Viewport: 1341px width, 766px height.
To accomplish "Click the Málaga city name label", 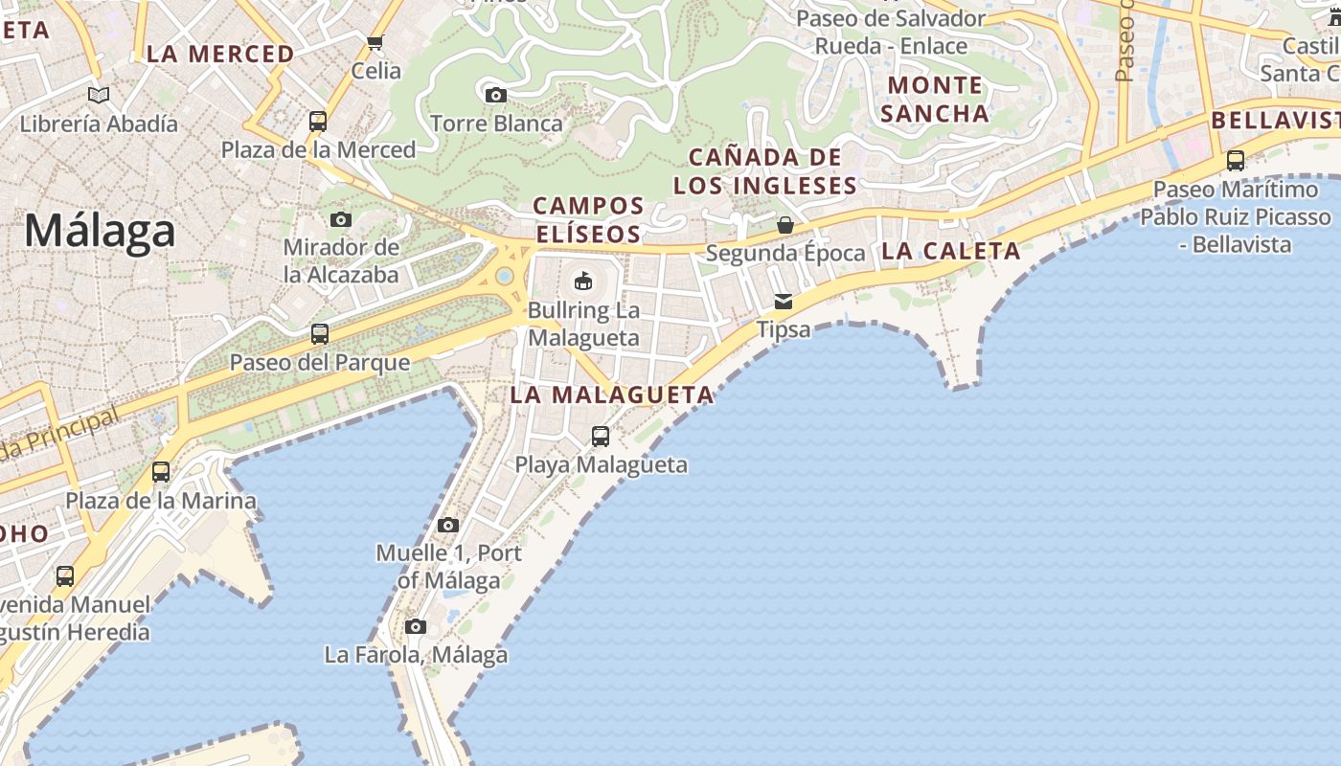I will pyautogui.click(x=101, y=232).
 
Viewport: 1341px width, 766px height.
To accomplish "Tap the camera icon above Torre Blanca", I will pyautogui.click(x=495, y=95).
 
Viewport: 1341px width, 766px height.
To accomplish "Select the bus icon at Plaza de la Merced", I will pyautogui.click(x=318, y=122).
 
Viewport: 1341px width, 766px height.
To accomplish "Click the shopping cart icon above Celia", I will pyautogui.click(x=375, y=42).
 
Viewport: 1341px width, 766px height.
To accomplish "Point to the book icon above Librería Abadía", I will pyautogui.click(x=99, y=95).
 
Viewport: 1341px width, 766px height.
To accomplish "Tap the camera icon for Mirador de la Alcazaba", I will pyautogui.click(x=341, y=219).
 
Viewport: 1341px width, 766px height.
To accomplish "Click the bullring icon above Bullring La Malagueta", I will pyautogui.click(x=582, y=281).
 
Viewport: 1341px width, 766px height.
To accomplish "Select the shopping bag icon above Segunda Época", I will pyautogui.click(x=785, y=225).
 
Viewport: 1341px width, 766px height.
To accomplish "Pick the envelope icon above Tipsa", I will pyautogui.click(x=784, y=302).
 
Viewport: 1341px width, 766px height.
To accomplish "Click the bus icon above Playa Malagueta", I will pyautogui.click(x=601, y=437).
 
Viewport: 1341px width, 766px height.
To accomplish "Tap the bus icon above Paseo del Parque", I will pyautogui.click(x=320, y=334).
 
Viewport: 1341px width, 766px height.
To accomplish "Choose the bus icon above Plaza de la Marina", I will pyautogui.click(x=161, y=472).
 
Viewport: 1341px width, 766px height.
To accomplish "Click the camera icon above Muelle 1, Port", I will pyautogui.click(x=448, y=525).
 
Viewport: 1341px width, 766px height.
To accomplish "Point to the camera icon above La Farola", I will pyautogui.click(x=416, y=627).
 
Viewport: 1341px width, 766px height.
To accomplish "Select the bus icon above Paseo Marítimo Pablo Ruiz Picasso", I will pyautogui.click(x=1236, y=161).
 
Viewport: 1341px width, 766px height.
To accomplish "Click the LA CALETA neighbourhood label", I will pyautogui.click(x=951, y=251).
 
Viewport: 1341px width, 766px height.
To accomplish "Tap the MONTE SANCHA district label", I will pyautogui.click(x=935, y=100).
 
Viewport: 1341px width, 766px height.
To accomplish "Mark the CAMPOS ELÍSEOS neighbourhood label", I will pyautogui.click(x=588, y=219).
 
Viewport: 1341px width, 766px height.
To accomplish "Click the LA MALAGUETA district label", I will pyautogui.click(x=612, y=394).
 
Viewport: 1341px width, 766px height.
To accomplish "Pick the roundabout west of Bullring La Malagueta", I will pyautogui.click(x=504, y=277).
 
